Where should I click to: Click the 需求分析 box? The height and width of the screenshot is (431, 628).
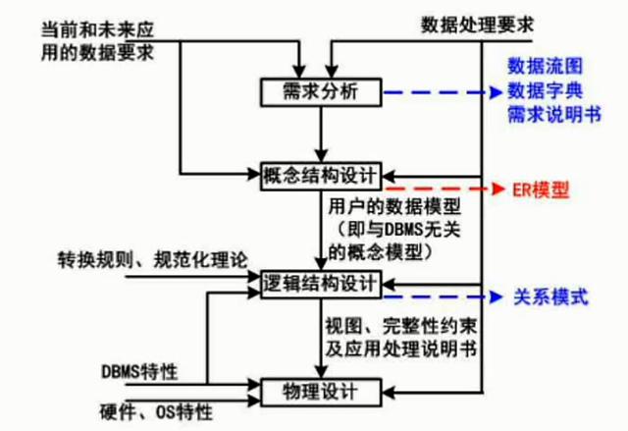pyautogui.click(x=321, y=92)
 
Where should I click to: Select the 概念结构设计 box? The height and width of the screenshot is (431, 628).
pyautogui.click(x=321, y=176)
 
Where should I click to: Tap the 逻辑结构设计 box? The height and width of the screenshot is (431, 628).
pyautogui.click(x=321, y=284)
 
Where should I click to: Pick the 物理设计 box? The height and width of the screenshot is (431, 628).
pyautogui.click(x=321, y=392)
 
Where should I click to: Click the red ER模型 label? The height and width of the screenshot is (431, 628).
pyautogui.click(x=541, y=189)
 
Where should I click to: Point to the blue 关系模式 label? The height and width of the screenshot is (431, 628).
pyautogui.click(x=550, y=297)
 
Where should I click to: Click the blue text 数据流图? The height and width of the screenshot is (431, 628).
pyautogui.click(x=546, y=66)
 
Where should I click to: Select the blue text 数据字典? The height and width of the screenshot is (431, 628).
pyautogui.click(x=546, y=91)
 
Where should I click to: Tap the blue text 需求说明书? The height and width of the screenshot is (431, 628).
pyautogui.click(x=554, y=116)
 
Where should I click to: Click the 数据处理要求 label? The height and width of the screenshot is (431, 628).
pyautogui.click(x=477, y=25)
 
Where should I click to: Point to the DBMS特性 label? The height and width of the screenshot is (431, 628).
pyautogui.click(x=139, y=372)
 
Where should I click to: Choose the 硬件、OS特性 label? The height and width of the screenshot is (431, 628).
pyautogui.click(x=156, y=411)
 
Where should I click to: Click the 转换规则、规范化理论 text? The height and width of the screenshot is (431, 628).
pyautogui.click(x=153, y=260)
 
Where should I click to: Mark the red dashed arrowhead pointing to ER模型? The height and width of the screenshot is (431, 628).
pyautogui.click(x=497, y=189)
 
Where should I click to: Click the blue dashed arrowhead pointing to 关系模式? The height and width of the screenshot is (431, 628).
pyautogui.click(x=497, y=296)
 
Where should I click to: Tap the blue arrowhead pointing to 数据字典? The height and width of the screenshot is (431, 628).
pyautogui.click(x=497, y=92)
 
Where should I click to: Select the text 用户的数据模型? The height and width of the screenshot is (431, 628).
pyautogui.click(x=394, y=207)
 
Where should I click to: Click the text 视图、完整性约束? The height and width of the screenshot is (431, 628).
pyautogui.click(x=401, y=327)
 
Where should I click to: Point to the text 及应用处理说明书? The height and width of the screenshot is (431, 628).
pyautogui.click(x=401, y=350)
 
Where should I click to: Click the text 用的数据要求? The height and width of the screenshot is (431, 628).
pyautogui.click(x=97, y=52)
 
